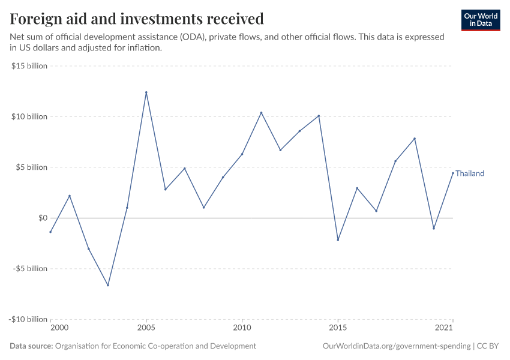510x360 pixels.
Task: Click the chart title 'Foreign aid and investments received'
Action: pyautogui.click(x=137, y=19)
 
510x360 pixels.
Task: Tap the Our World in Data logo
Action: pyautogui.click(x=480, y=20)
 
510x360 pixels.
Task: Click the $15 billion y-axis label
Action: pyautogui.click(x=29, y=66)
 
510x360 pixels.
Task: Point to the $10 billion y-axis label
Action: pyautogui.click(x=29, y=116)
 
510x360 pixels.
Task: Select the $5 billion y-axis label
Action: pyautogui.click(x=31, y=167)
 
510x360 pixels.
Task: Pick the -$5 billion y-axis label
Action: pyautogui.click(x=30, y=268)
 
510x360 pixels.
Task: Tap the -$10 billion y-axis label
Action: pyautogui.click(x=28, y=319)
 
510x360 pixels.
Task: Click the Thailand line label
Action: pyautogui.click(x=470, y=173)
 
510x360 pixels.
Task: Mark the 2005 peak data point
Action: pyautogui.click(x=146, y=92)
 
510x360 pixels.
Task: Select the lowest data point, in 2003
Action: pyautogui.click(x=108, y=285)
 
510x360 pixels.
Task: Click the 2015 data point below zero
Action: pyautogui.click(x=338, y=240)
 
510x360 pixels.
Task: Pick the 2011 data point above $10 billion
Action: pyautogui.click(x=261, y=112)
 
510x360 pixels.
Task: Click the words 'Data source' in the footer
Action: pyautogui.click(x=31, y=346)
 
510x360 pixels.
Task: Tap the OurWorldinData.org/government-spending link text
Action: pyautogui.click(x=396, y=346)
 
